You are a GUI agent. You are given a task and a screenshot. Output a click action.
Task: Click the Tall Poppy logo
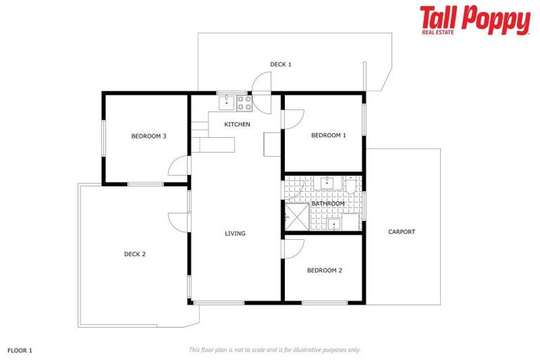pos(475,20)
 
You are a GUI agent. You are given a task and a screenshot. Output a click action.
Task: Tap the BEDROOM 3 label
pos(148,136)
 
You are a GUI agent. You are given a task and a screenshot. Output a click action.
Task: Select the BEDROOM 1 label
pos(328,135)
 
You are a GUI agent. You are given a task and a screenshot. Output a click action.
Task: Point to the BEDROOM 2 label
pos(324,270)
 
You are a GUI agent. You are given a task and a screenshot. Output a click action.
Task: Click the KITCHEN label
pos(237,124)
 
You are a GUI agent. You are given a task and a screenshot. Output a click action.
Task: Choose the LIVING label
pos(235,233)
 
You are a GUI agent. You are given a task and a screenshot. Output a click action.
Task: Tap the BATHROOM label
pos(328,204)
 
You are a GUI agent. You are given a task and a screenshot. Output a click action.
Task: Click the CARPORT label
pos(401,231)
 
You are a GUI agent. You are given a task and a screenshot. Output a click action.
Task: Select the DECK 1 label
pos(281,64)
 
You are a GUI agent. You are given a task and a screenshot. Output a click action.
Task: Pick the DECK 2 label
pos(134,254)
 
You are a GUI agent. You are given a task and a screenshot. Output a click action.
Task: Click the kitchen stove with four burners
pos(244,103)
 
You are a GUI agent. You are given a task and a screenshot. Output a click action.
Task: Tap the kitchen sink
pos(226,103)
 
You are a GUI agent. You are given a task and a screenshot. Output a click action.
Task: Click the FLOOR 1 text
pos(20,349)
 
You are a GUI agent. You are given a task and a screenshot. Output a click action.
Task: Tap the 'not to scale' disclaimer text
pos(274,349)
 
